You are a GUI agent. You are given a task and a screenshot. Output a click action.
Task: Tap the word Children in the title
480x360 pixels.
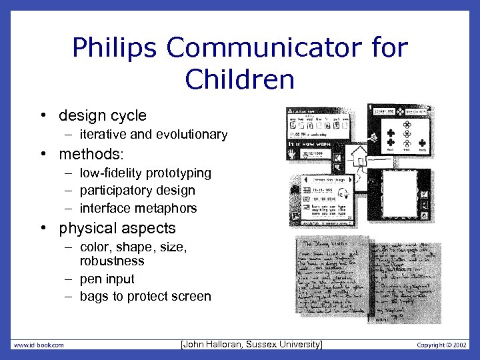(240, 79)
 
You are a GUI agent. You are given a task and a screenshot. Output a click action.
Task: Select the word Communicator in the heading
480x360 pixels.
(271, 47)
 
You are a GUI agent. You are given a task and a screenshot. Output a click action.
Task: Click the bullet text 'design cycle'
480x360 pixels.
(102, 115)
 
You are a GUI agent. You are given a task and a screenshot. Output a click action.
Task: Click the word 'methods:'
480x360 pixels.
(91, 155)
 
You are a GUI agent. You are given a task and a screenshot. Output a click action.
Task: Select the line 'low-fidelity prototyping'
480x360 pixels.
(145, 173)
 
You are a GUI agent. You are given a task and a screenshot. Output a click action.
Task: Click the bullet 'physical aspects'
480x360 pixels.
(117, 228)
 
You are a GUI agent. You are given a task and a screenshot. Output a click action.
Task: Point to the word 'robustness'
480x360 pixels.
(112, 261)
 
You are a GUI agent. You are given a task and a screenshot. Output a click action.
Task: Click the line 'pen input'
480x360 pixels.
(107, 279)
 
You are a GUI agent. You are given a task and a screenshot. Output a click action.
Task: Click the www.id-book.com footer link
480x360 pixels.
(39, 345)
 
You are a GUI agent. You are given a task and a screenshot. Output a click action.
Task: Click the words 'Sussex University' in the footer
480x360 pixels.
(287, 344)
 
